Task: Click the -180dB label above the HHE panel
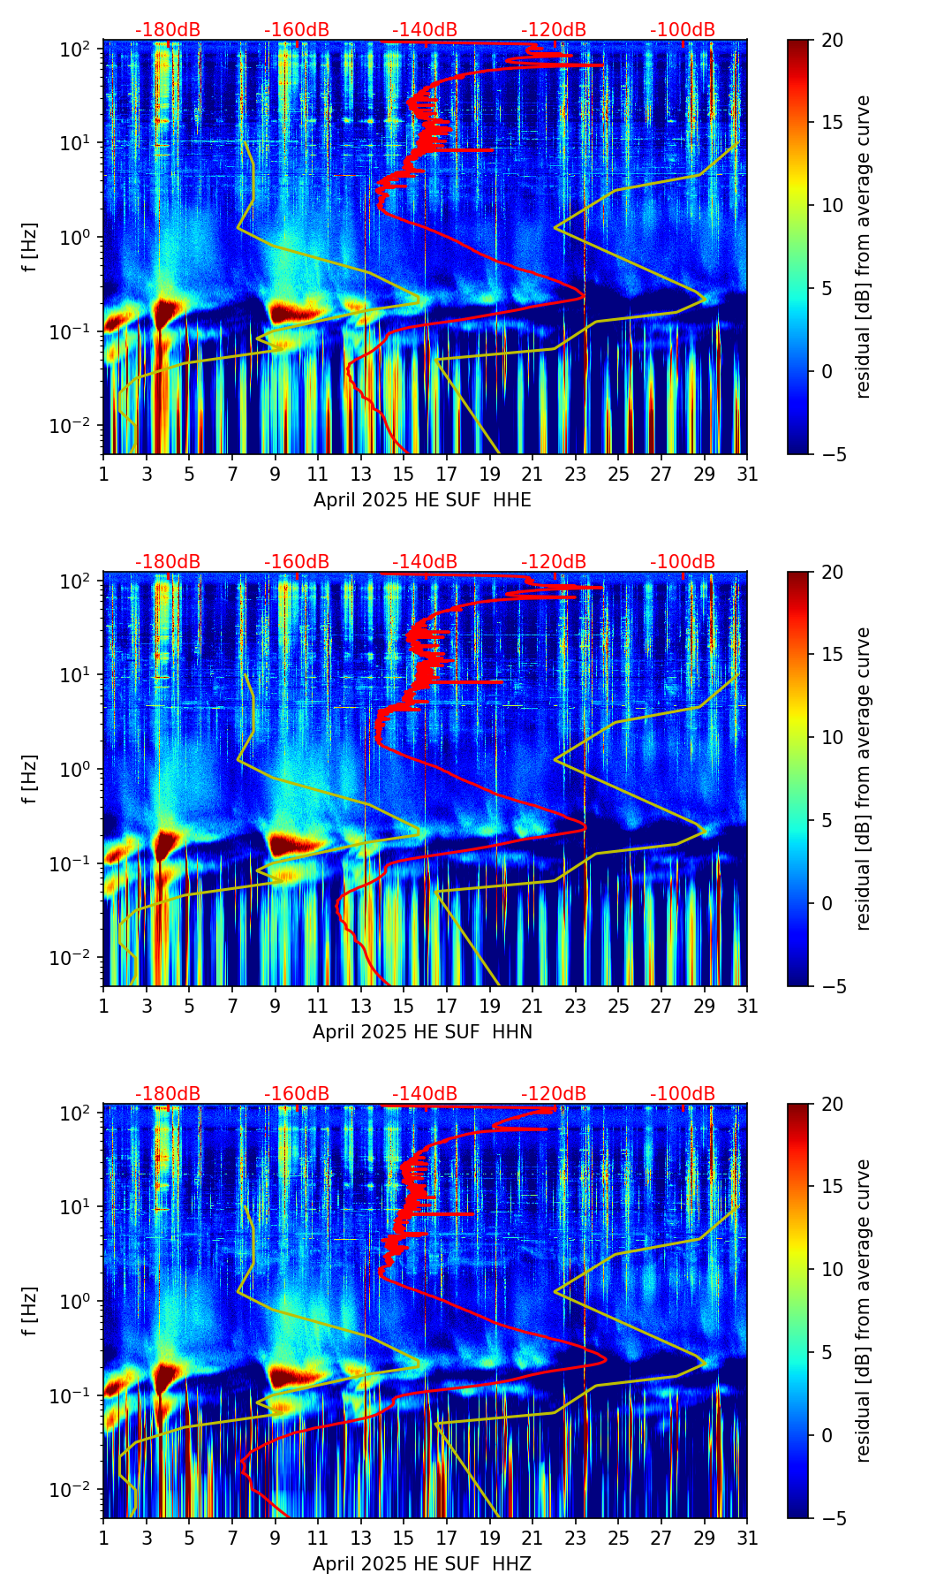tap(168, 30)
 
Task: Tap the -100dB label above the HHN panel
tap(683, 562)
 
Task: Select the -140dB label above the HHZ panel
tap(425, 1094)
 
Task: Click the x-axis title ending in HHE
tap(422, 500)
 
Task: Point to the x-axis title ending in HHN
tap(422, 1032)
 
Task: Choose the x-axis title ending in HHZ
tap(422, 1564)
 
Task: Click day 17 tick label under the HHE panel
tap(447, 474)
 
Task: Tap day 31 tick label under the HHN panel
tap(747, 1006)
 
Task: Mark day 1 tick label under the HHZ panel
tap(104, 1538)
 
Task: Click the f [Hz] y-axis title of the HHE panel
tap(30, 247)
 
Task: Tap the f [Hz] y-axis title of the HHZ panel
tap(30, 1311)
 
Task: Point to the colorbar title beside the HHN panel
tap(863, 779)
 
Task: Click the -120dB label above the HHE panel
tap(554, 30)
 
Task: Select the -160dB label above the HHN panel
tap(297, 562)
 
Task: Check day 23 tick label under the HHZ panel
tap(576, 1538)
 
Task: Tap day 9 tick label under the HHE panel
tap(276, 474)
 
